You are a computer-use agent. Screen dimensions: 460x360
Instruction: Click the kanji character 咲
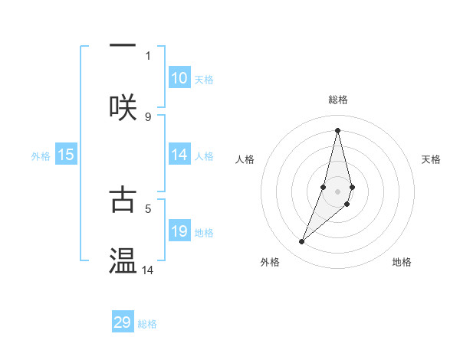pyautogui.click(x=123, y=106)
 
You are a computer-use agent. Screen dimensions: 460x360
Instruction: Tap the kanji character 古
pyautogui.click(x=123, y=198)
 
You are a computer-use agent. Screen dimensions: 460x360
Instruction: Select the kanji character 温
pyautogui.click(x=123, y=261)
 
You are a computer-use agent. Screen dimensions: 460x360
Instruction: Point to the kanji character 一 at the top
pyautogui.click(x=123, y=45)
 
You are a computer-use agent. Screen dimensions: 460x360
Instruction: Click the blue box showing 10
pyautogui.click(x=179, y=78)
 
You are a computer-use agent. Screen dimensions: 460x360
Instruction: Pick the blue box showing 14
pyautogui.click(x=179, y=155)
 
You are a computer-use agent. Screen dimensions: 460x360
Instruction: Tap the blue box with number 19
pyautogui.click(x=179, y=232)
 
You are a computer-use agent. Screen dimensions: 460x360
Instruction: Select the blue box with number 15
pyautogui.click(x=66, y=155)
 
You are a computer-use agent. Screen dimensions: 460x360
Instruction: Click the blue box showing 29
pyautogui.click(x=123, y=322)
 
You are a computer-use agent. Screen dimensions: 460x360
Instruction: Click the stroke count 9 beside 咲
pyautogui.click(x=148, y=116)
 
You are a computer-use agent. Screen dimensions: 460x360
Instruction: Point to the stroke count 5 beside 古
pyautogui.click(x=148, y=207)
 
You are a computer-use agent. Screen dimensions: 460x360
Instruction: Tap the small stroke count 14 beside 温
pyautogui.click(x=148, y=270)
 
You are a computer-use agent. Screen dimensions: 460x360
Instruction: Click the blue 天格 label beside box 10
pyautogui.click(x=203, y=80)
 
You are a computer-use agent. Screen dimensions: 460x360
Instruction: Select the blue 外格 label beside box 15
pyautogui.click(x=41, y=156)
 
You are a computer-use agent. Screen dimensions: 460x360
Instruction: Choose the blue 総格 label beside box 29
pyautogui.click(x=147, y=324)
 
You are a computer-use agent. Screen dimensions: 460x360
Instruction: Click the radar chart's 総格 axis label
pyautogui.click(x=338, y=100)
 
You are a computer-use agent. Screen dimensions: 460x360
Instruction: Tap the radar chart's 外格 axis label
pyautogui.click(x=270, y=262)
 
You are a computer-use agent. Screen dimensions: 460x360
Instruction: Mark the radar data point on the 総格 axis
pyautogui.click(x=337, y=130)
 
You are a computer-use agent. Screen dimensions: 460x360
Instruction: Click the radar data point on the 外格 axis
pyautogui.click(x=302, y=242)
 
